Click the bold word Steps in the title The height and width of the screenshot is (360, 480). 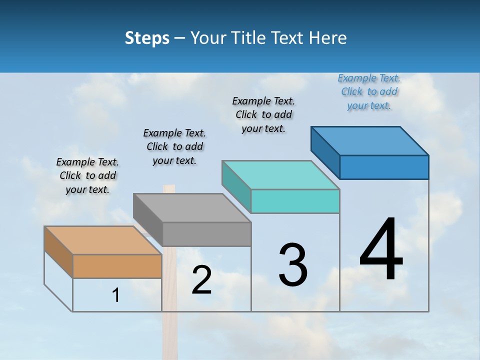point(147,38)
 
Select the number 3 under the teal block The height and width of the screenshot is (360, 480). point(292,265)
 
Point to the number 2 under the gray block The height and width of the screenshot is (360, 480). point(201,280)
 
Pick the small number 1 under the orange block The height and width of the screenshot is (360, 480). point(116,295)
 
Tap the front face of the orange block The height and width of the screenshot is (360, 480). point(117,266)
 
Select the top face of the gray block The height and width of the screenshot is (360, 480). point(192,207)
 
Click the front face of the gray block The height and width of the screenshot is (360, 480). point(206,234)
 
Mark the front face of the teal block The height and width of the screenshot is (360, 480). point(295,201)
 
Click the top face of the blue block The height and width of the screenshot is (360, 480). point(370,140)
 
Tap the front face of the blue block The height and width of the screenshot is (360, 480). point(384,167)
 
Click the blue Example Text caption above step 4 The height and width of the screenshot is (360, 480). point(369,91)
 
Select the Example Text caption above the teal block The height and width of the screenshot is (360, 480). point(263,114)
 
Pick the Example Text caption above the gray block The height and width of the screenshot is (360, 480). point(174,146)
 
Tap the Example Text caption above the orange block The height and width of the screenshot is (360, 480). point(87,175)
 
